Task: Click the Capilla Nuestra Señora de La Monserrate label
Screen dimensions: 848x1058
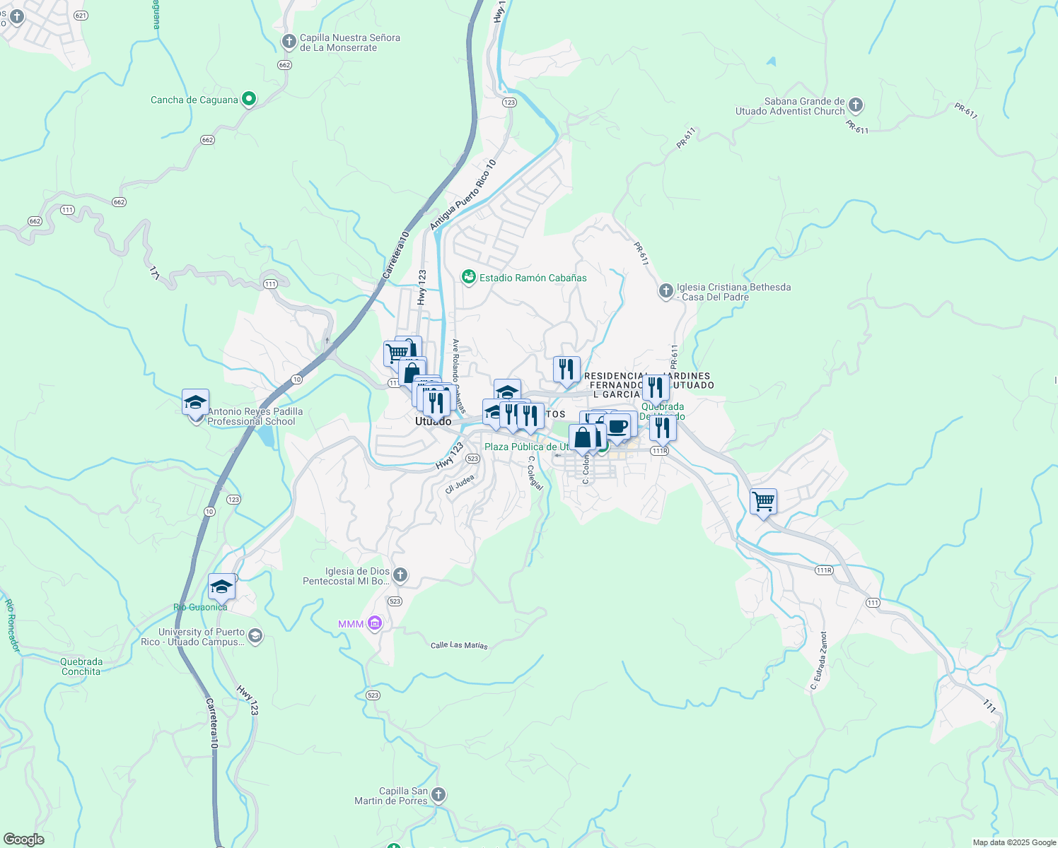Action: [349, 42]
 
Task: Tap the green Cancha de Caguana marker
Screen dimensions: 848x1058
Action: [248, 99]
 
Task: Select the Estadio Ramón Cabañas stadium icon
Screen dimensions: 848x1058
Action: [468, 277]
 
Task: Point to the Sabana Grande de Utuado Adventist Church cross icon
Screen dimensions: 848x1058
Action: [855, 106]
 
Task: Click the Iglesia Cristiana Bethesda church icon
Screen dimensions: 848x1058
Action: [665, 291]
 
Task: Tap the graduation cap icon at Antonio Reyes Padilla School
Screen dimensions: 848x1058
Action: [195, 403]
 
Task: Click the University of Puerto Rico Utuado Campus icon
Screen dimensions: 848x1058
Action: [255, 637]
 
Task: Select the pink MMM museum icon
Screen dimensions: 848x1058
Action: [375, 623]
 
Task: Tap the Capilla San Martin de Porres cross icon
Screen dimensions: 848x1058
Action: [438, 795]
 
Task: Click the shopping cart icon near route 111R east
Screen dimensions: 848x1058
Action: [763, 502]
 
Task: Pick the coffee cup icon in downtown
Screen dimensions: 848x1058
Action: [617, 427]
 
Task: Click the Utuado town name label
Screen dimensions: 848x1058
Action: [433, 421]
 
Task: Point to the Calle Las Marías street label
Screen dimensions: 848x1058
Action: [459, 644]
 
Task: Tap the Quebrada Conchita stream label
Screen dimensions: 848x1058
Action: [81, 666]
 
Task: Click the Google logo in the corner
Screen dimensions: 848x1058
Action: [23, 839]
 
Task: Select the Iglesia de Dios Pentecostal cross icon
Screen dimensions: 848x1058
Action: [400, 575]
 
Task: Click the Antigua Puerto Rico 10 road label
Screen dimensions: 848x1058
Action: [463, 194]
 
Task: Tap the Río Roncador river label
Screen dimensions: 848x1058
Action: [12, 625]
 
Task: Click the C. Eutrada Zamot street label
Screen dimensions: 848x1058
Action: [819, 661]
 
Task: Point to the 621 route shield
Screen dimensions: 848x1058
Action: [81, 16]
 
